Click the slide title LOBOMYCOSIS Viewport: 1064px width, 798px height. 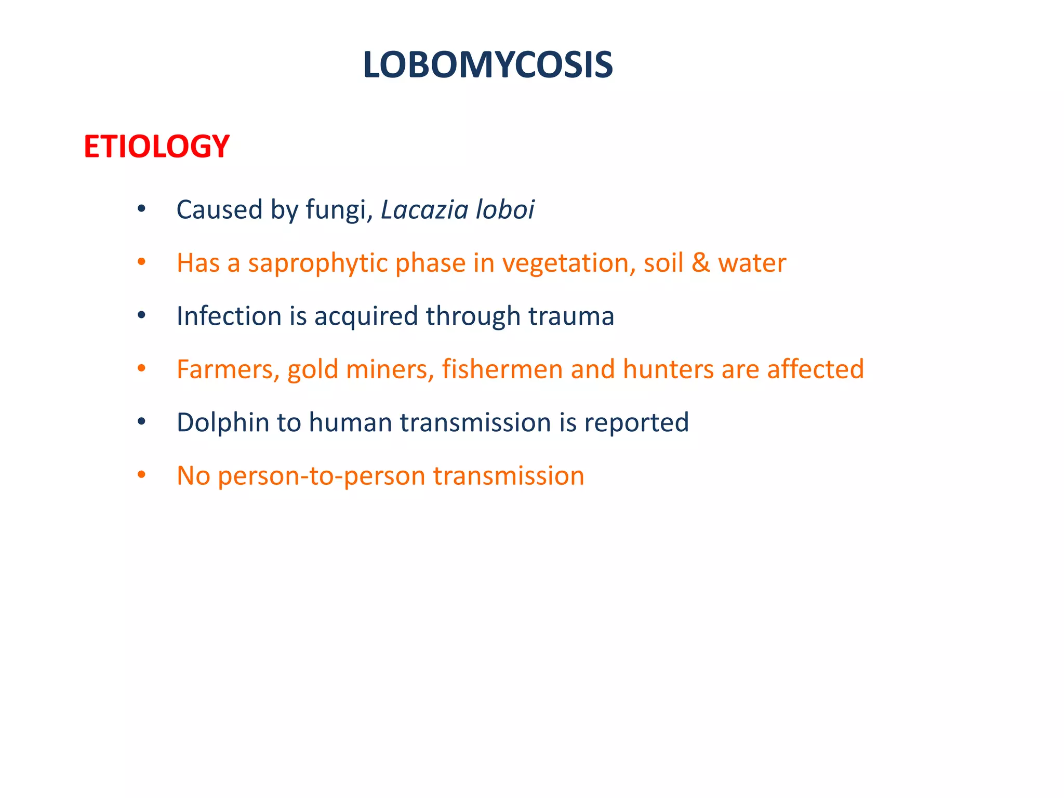[488, 65]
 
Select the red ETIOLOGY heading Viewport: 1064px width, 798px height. [156, 147]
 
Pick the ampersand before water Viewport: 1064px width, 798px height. [700, 263]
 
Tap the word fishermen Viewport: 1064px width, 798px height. [502, 369]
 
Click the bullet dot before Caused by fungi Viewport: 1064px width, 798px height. [141, 209]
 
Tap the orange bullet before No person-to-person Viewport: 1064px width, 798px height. [141, 475]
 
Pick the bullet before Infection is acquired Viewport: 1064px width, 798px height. [141, 316]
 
